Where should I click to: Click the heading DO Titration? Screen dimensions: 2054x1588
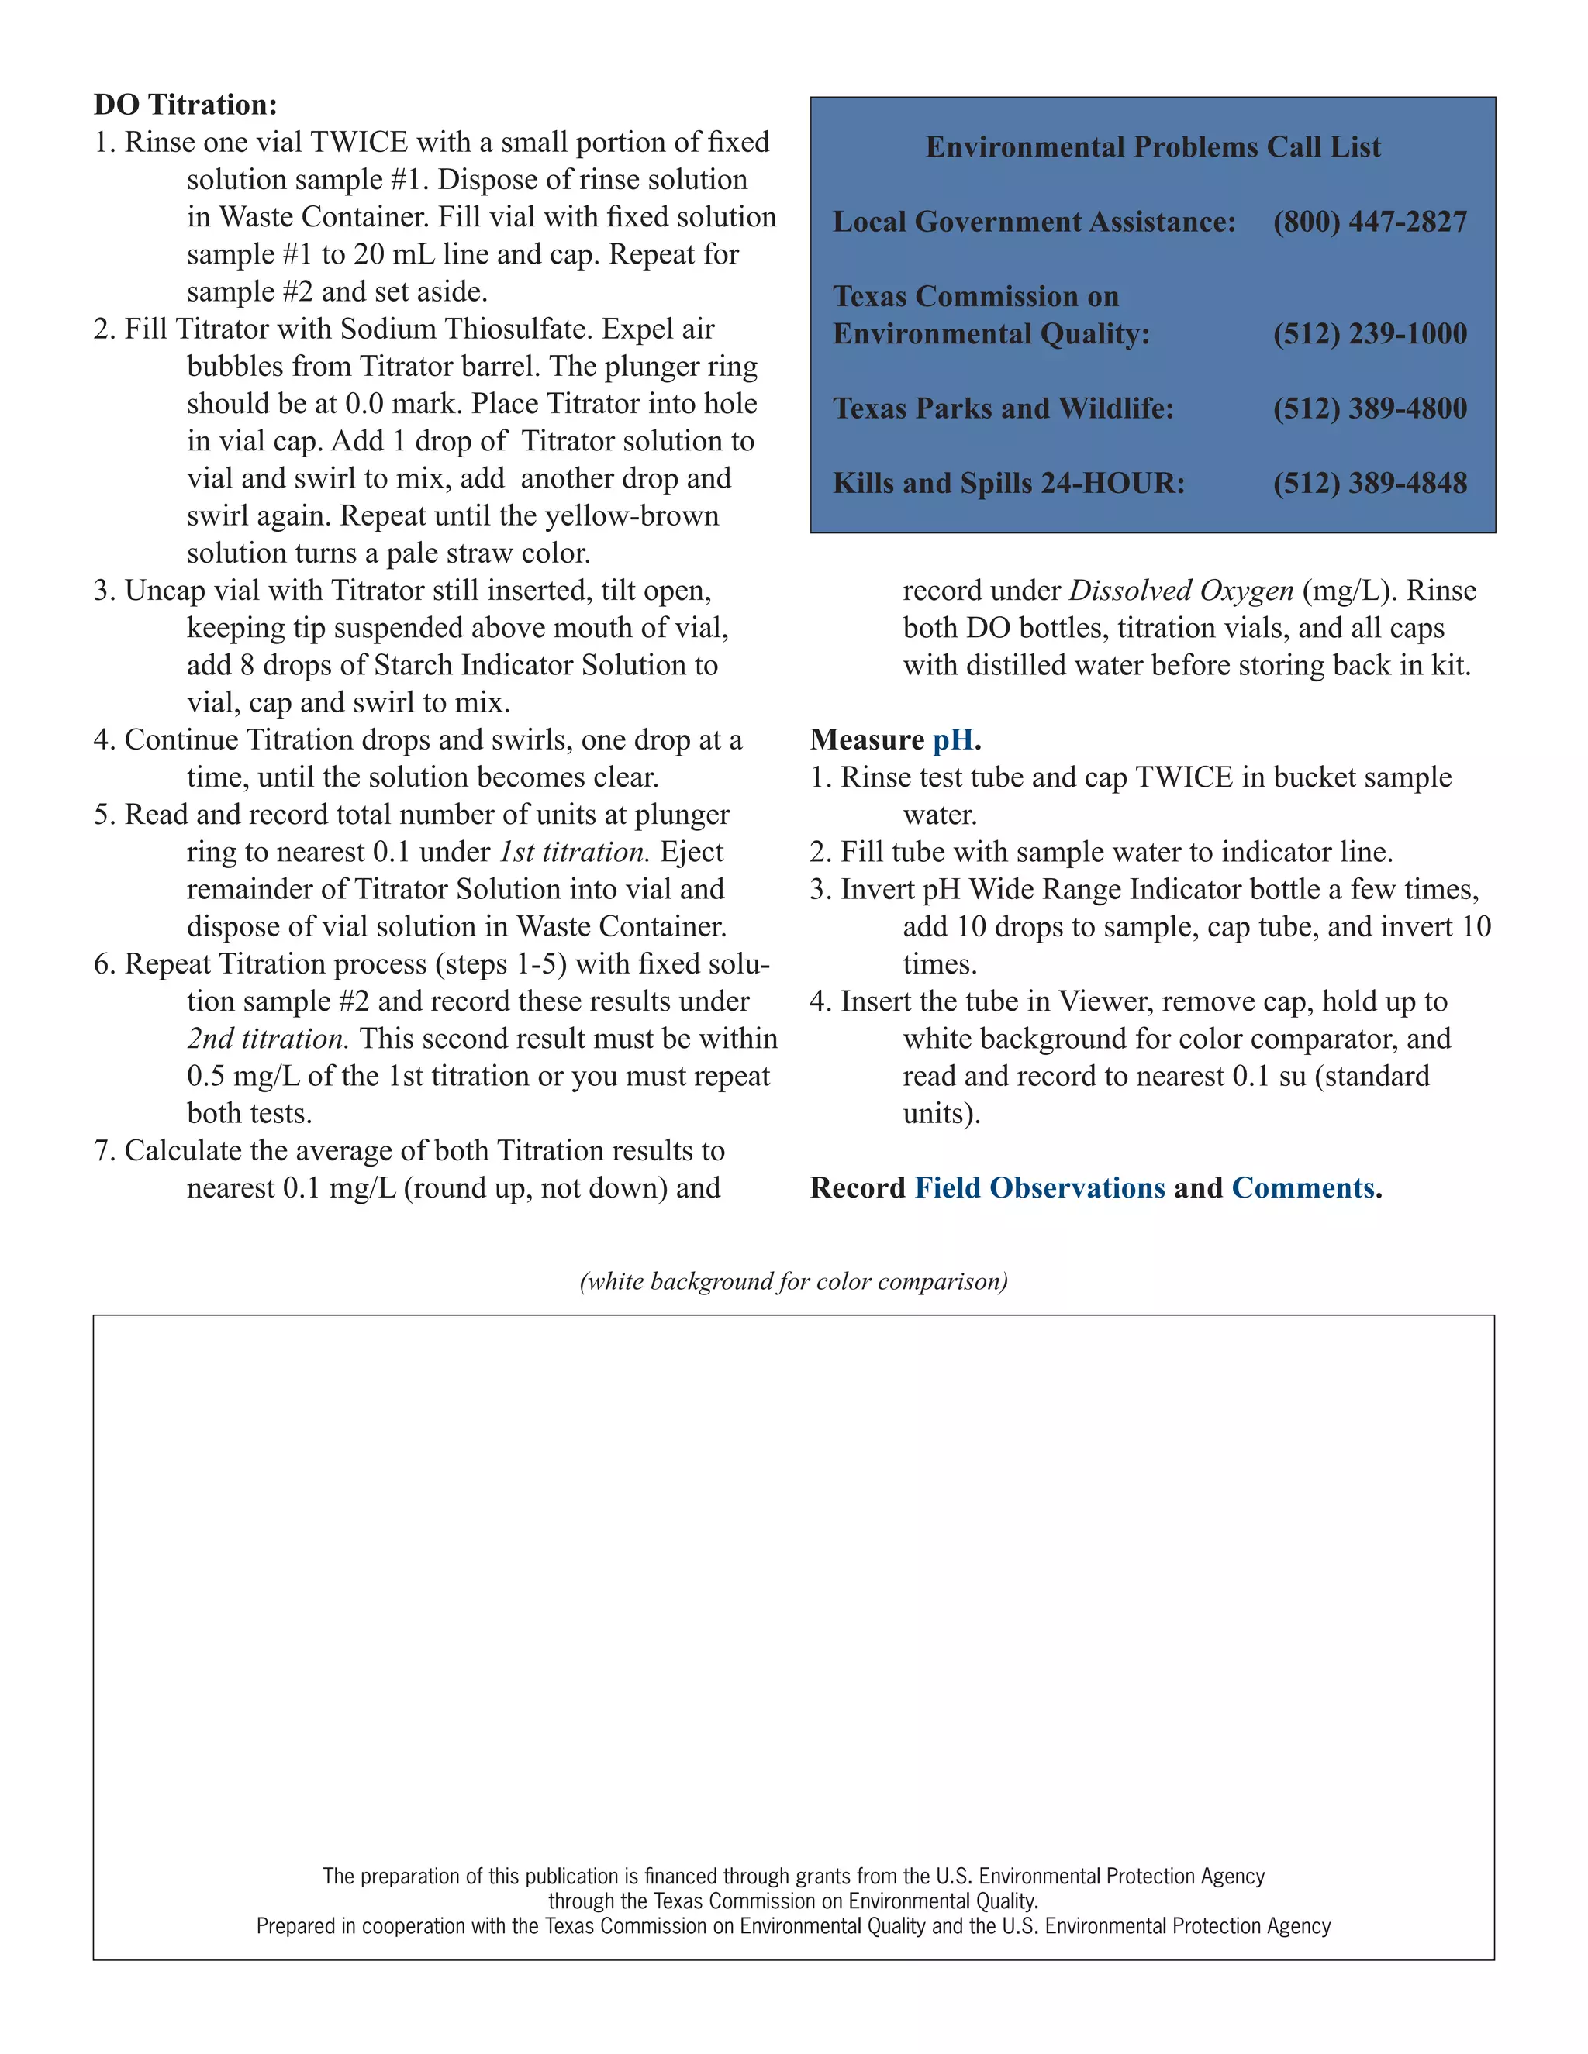(185, 105)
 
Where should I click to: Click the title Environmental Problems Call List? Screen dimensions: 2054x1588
(1152, 146)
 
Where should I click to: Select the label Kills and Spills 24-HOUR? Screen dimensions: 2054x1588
(1009, 484)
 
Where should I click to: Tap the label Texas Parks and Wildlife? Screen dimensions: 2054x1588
(1003, 408)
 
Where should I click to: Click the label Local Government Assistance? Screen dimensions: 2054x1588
(1034, 222)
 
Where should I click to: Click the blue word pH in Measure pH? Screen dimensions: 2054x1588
(952, 740)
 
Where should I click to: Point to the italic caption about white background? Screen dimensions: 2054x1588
(793, 1282)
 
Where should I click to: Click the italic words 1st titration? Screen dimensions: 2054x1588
(573, 852)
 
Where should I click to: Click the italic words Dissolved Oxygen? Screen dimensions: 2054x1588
(1181, 591)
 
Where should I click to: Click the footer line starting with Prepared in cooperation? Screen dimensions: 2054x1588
(793, 1926)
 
